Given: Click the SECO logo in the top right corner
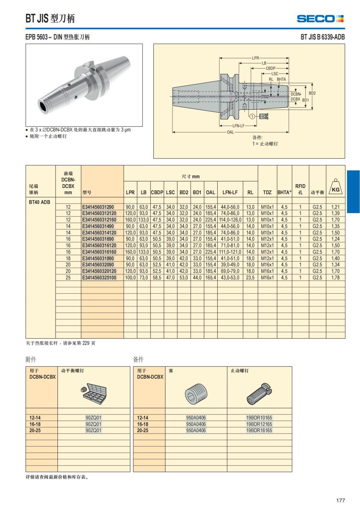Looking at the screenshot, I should [320, 19].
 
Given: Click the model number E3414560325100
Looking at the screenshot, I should [99, 278].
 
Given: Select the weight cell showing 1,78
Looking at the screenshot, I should [335, 278].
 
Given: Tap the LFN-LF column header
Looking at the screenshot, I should [230, 193].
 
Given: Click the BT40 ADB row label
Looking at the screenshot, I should [39, 202].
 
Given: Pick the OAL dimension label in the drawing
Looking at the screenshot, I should [230, 132].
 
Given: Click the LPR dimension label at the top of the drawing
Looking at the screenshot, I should [255, 58].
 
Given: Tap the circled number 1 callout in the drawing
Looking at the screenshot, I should [252, 116].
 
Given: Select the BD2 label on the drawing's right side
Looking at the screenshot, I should [312, 93].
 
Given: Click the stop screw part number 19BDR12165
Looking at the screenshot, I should [259, 424].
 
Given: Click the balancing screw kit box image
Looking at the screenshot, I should [94, 393].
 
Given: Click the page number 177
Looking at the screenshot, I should [340, 500].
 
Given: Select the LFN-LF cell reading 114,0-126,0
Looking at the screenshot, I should [230, 220].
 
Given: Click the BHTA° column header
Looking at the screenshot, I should [284, 193].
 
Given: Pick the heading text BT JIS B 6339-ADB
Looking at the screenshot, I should [322, 37].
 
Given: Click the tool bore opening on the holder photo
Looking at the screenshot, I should [44, 107].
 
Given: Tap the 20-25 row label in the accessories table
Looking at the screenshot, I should [35, 430].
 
